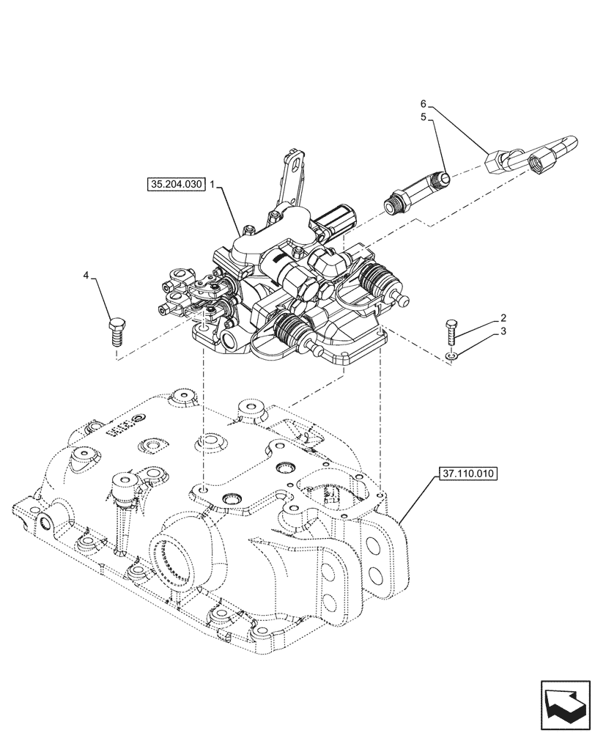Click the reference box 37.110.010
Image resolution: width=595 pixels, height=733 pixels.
[469, 474]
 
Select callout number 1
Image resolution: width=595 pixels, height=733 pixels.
[212, 186]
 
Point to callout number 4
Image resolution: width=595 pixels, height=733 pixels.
[86, 276]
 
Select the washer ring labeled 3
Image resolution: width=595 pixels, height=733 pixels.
[451, 356]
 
